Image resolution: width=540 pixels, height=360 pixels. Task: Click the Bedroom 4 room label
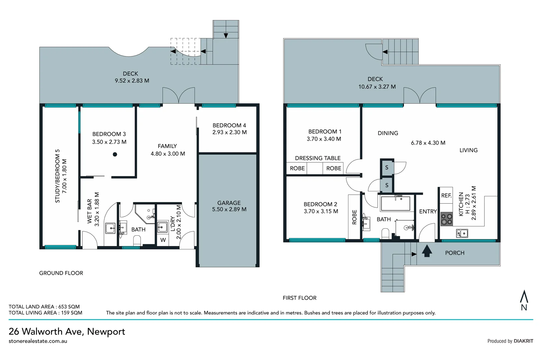pyautogui.click(x=229, y=125)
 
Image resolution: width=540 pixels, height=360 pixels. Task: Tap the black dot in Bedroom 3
pyautogui.click(x=115, y=154)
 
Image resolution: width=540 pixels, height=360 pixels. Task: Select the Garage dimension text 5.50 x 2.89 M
pyautogui.click(x=229, y=209)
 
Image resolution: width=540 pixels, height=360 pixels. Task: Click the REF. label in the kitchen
pyautogui.click(x=446, y=195)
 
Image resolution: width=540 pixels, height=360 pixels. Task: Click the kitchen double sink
pyautogui.click(x=462, y=233)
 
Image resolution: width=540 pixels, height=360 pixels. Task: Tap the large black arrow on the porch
pyautogui.click(x=427, y=251)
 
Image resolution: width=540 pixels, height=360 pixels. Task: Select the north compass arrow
pyautogui.click(x=524, y=296)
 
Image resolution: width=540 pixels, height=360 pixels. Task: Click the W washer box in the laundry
pyautogui.click(x=163, y=240)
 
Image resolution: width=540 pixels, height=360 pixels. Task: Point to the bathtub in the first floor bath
pyautogui.click(x=395, y=204)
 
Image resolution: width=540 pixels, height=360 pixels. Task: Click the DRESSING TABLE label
pyautogui.click(x=318, y=158)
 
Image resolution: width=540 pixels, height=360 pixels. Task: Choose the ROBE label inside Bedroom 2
pyautogui.click(x=354, y=217)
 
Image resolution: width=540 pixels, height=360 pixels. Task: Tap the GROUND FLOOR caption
pyautogui.click(x=61, y=273)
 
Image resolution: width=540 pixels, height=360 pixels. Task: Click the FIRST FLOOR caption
pyautogui.click(x=299, y=298)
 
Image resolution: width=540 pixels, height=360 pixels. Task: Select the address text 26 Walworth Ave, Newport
pyautogui.click(x=67, y=332)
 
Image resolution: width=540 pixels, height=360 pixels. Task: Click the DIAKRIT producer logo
pyautogui.click(x=523, y=341)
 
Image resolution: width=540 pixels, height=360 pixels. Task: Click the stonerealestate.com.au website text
pyautogui.click(x=38, y=341)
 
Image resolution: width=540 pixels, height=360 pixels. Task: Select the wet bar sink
pyautogui.click(x=110, y=228)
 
